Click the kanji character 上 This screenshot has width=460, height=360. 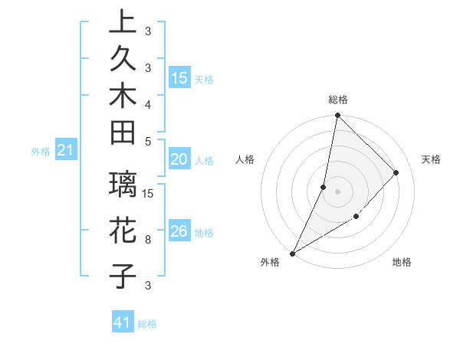point(123,22)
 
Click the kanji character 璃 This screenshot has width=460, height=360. point(123,186)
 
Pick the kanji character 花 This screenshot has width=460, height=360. point(123,231)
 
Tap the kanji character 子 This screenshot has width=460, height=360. point(123,275)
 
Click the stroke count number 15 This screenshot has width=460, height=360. point(149,193)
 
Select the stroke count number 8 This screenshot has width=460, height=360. point(148,239)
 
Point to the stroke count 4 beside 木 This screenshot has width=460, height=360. point(148,103)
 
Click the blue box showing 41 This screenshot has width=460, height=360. point(123,323)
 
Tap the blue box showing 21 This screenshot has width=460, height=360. point(66,152)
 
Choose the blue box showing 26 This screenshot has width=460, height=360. point(179,231)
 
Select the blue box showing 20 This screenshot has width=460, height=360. point(179,159)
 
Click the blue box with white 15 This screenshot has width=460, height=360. point(179,77)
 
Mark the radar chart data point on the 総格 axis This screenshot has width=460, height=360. point(337,115)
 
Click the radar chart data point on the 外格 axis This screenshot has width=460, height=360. point(293,253)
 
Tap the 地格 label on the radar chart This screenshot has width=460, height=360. point(402,262)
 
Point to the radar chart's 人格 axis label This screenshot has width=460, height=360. point(245,159)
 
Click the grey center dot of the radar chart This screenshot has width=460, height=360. point(337,191)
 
